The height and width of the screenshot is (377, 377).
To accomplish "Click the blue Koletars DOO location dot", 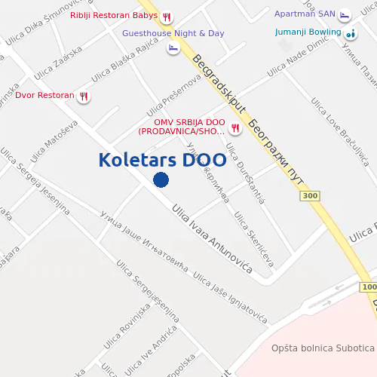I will pos(161,179).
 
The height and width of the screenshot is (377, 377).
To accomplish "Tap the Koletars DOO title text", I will pos(161,160).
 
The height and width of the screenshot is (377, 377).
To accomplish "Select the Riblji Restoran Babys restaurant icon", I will pos(167,16).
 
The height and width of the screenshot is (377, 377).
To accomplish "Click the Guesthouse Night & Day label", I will pos(173,34).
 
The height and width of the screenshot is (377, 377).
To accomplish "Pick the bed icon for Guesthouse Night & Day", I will pos(173,48).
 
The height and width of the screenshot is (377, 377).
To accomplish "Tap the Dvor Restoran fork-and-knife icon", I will pos(84,96).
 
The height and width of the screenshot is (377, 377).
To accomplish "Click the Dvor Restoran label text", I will pos(45,96).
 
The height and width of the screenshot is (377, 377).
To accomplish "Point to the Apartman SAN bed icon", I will pos(345,15).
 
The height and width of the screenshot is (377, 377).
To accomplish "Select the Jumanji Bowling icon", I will pos(351,33).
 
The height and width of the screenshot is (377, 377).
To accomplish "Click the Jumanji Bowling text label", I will pos(308,33).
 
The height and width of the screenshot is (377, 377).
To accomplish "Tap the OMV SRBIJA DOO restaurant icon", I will pos(235,127).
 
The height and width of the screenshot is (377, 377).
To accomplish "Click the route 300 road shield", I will pos(309,196).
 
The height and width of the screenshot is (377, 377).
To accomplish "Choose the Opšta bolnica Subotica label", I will pos(323,348).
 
